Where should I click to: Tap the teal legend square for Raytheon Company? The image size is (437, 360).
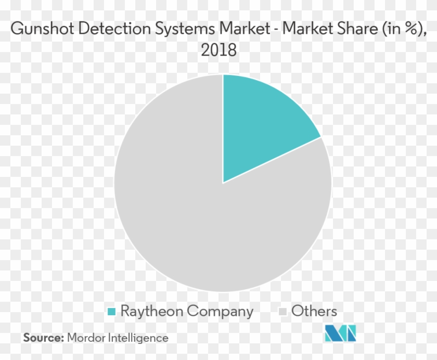pyautogui.click(x=111, y=312)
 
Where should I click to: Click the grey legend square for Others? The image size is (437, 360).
pyautogui.click(x=283, y=312)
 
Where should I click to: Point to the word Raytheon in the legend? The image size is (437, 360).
pyautogui.click(x=151, y=312)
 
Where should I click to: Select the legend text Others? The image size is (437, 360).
pyautogui.click(x=314, y=311)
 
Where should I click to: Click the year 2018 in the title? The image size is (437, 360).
pyautogui.click(x=219, y=50)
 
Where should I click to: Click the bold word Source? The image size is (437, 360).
pyautogui.click(x=42, y=338)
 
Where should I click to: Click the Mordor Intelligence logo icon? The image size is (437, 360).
pyautogui.click(x=340, y=333)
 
